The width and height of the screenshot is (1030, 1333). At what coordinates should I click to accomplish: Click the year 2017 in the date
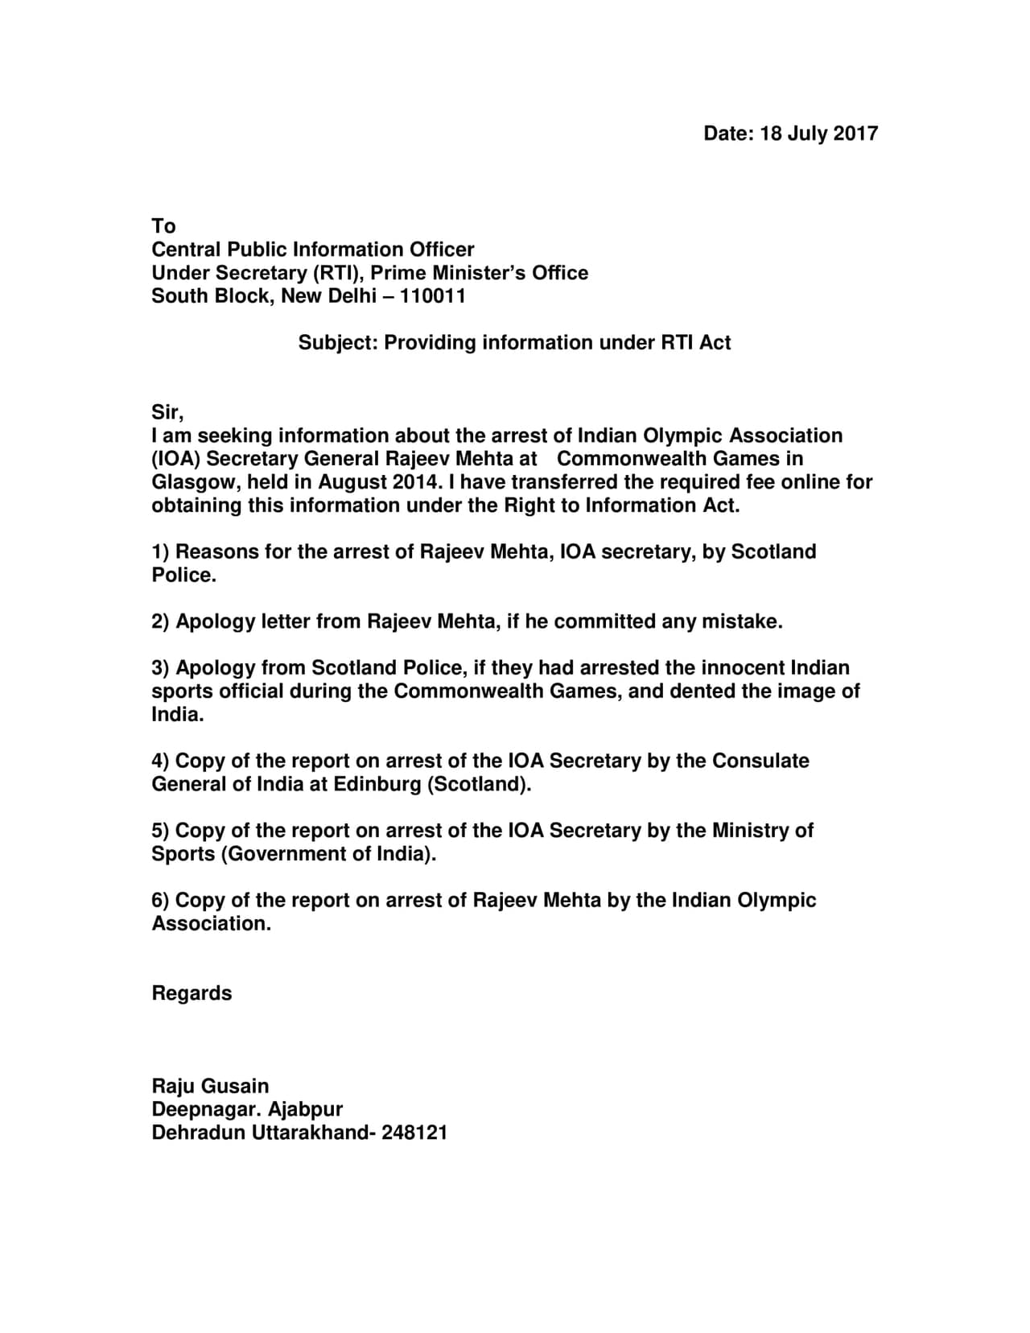click(855, 134)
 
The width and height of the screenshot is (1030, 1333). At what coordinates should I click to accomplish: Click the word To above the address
click(163, 226)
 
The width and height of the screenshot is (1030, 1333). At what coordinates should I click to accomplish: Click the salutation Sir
click(167, 413)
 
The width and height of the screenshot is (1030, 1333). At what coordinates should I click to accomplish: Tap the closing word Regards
click(192, 993)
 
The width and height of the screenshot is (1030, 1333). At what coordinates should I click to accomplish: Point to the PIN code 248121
click(414, 1133)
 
